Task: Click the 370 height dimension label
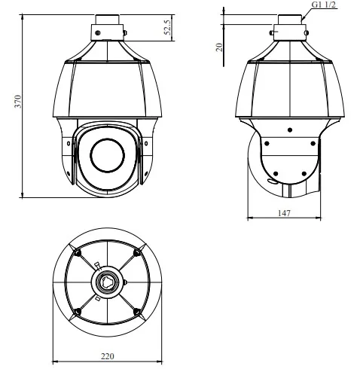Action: coord(18,102)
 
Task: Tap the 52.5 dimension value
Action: coord(167,27)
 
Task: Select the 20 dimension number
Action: coord(219,47)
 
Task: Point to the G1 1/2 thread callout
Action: coord(324,5)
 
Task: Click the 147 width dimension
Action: coord(284,213)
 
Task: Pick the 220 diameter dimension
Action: coord(108,356)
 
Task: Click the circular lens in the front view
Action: coord(107,155)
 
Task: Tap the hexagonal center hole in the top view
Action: coord(107,282)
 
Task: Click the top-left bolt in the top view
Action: coord(78,253)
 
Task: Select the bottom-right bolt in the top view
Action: coord(136,312)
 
